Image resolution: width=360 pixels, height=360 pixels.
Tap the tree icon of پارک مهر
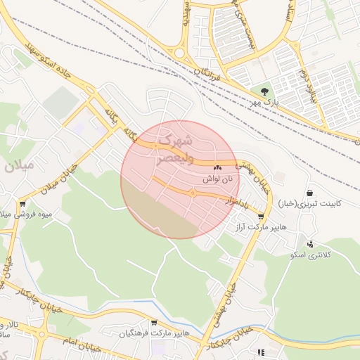coord(264,91)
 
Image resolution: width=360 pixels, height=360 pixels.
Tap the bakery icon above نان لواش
coord(217,168)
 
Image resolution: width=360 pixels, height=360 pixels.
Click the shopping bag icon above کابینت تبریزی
coord(310,193)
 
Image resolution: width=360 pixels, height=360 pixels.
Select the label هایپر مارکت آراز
coord(261,229)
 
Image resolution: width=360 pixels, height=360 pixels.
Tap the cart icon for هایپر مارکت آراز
coord(262,217)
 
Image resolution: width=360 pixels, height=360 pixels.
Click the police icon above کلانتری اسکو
coord(310,243)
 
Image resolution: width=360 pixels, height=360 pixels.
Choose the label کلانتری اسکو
coord(309,254)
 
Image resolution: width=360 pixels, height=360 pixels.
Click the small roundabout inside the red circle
coord(192,193)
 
